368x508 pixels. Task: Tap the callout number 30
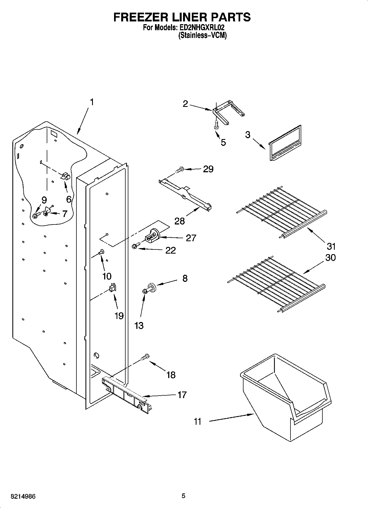(330, 258)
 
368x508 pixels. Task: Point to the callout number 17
(182, 395)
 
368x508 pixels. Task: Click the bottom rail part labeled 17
(126, 396)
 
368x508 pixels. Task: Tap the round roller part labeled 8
(152, 287)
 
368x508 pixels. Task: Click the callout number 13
(139, 326)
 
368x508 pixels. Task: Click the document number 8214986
(23, 496)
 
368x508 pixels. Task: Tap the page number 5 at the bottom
(183, 496)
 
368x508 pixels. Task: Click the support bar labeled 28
(186, 194)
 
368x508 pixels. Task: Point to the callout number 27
(191, 238)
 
